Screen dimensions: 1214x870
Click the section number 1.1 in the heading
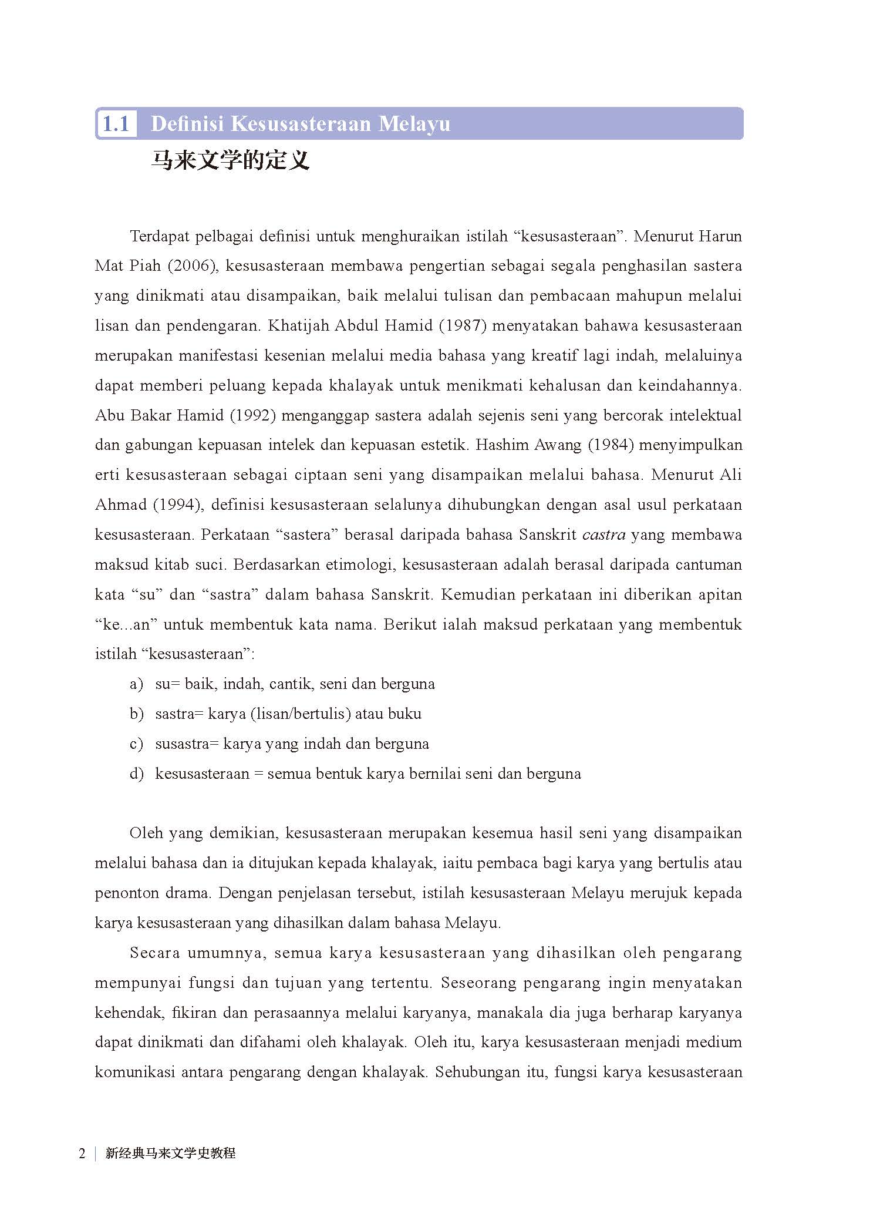(116, 124)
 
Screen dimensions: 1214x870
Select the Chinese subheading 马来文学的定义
(230, 160)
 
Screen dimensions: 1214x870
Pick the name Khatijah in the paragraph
(299, 326)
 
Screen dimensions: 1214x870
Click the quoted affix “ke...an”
(126, 625)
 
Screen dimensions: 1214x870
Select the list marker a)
(136, 684)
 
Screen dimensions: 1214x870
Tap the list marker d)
(136, 774)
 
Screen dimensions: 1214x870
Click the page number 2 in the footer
(82, 1154)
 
